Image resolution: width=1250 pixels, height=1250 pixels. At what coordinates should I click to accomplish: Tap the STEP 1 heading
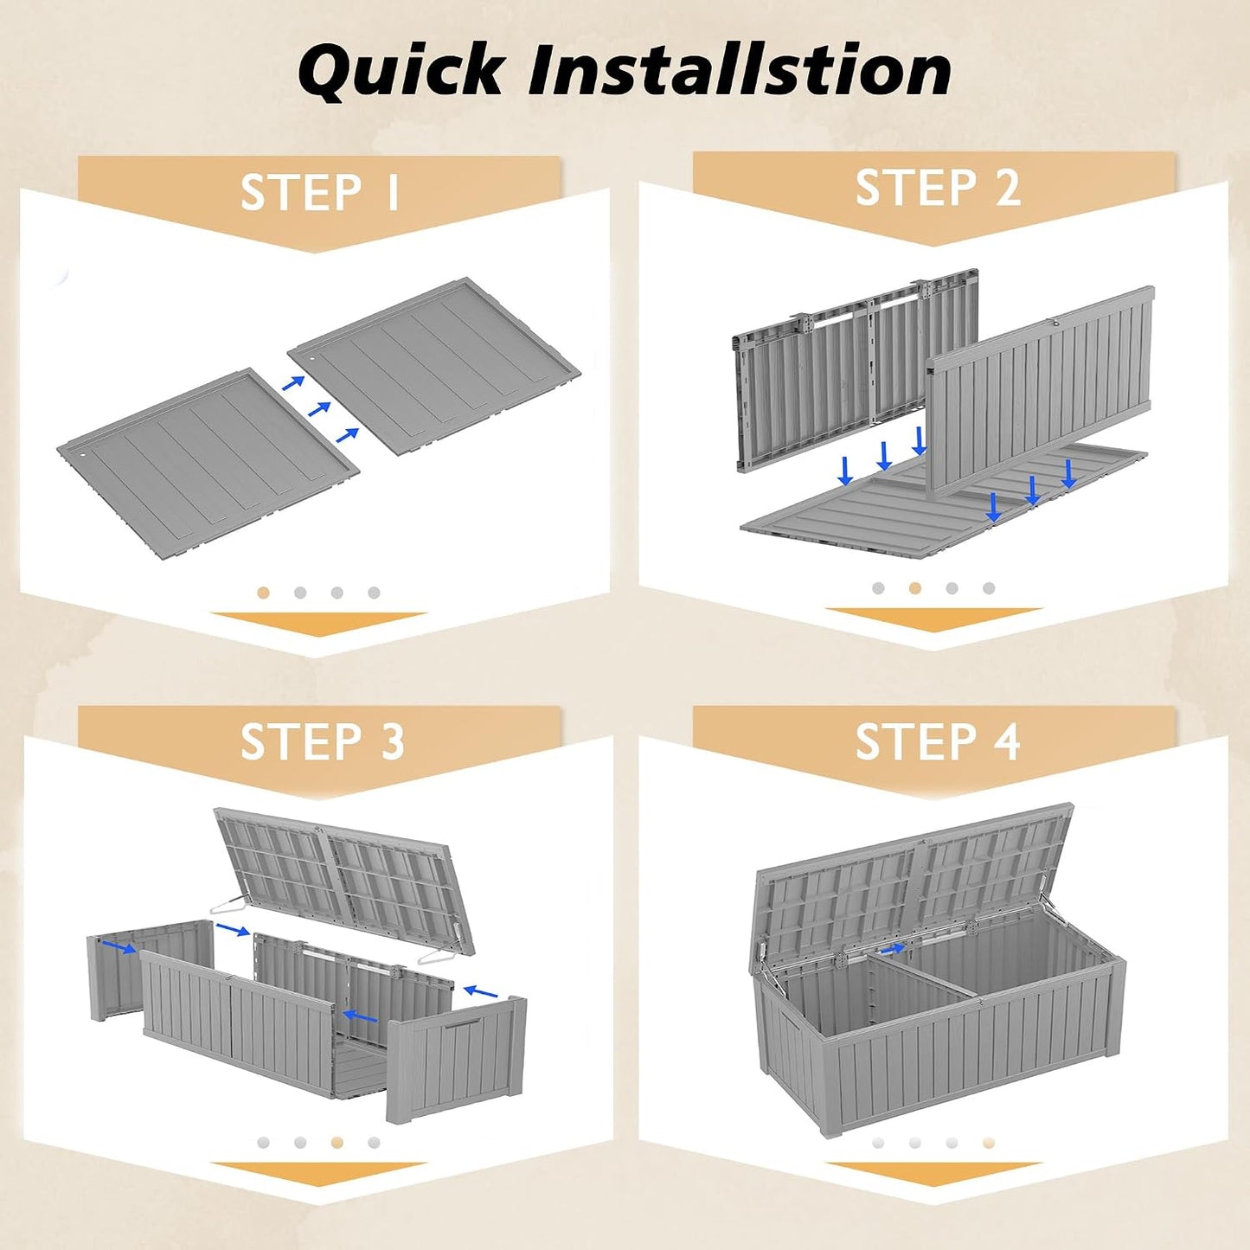coord(320,192)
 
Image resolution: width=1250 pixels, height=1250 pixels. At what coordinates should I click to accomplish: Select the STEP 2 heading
coord(938,188)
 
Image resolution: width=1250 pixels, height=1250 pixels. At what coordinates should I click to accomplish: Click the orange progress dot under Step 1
coord(263,593)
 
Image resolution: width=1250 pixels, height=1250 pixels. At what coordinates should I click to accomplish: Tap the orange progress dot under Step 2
coord(915,588)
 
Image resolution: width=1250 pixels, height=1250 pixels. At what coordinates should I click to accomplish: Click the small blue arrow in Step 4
coord(894,949)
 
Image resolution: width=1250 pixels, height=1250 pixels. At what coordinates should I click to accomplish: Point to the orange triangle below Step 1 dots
coord(319,623)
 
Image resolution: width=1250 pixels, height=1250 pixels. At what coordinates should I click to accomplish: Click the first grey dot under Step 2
coord(878,588)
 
